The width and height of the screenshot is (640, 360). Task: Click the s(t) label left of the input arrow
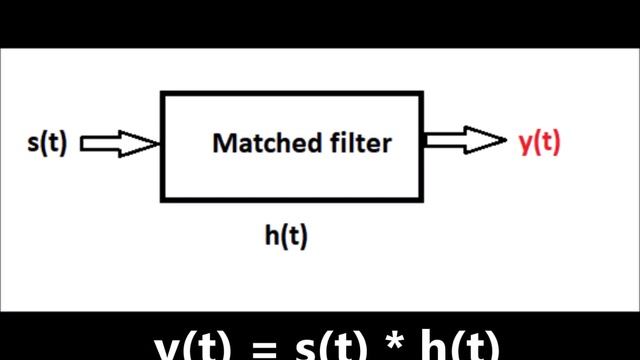[46, 143]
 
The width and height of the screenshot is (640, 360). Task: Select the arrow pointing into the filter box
[119, 144]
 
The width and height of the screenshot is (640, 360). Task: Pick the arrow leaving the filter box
[465, 142]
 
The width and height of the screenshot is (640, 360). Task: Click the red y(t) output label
[540, 143]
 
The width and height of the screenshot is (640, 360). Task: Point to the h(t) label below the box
[285, 236]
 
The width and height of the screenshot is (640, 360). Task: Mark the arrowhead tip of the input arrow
[160, 144]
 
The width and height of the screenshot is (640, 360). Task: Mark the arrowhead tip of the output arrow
[507, 142]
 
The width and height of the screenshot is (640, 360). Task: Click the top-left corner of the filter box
[162, 93]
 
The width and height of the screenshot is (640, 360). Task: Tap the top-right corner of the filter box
[422, 93]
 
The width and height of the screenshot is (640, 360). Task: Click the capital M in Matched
[223, 143]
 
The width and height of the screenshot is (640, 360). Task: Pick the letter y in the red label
[524, 145]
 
